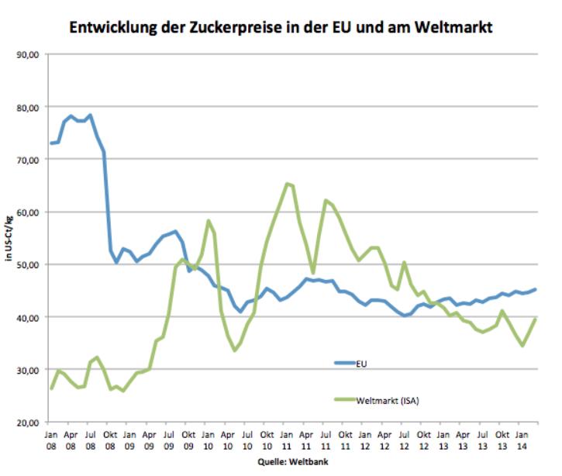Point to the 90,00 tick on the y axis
(29, 54)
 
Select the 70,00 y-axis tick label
(29, 159)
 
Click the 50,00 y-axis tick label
(29, 264)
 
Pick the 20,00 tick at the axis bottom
(29, 423)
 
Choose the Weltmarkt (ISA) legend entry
(388, 401)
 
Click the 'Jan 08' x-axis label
(51, 441)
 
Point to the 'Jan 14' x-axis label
(522, 441)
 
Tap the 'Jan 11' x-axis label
(287, 441)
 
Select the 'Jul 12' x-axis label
(404, 441)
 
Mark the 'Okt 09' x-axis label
(188, 441)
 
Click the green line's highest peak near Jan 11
(287, 184)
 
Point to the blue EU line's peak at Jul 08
(91, 116)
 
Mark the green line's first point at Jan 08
(51, 388)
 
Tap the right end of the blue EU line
(536, 289)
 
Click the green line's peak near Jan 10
(209, 220)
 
